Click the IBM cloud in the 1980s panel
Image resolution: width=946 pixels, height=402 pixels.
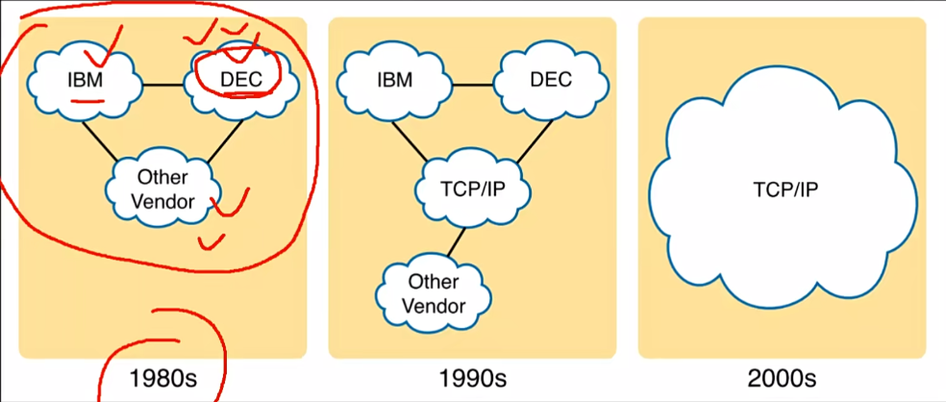[87, 79]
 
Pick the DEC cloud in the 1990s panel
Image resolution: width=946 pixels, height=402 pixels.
[551, 79]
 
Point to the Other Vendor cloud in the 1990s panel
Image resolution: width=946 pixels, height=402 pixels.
[434, 294]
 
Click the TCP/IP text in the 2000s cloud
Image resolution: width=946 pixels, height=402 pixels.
[785, 188]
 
